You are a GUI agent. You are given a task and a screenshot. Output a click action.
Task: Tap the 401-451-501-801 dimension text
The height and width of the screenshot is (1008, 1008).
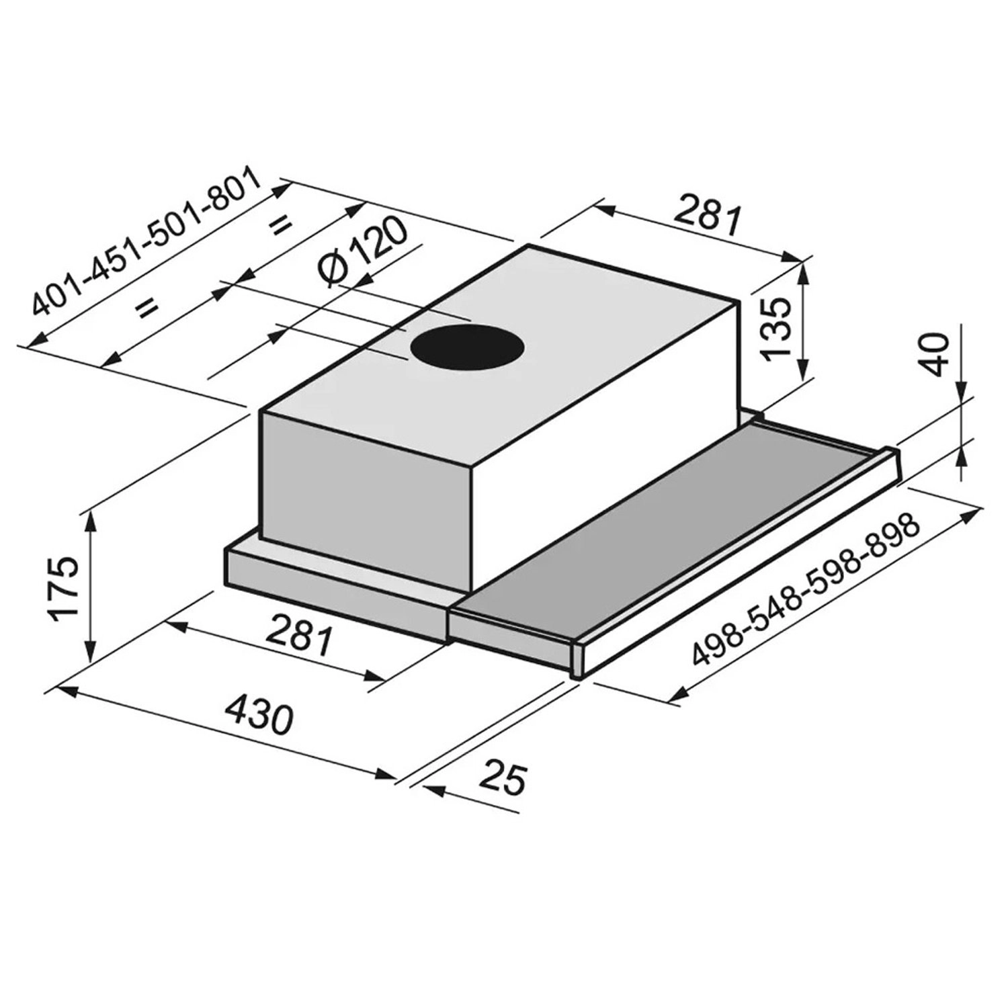[144, 242]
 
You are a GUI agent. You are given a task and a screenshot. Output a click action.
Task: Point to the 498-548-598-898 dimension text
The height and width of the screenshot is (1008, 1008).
[805, 590]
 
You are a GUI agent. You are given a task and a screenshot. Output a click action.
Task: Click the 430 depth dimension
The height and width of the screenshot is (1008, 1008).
[258, 716]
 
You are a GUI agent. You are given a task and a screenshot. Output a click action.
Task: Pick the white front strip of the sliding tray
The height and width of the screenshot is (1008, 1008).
[739, 571]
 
